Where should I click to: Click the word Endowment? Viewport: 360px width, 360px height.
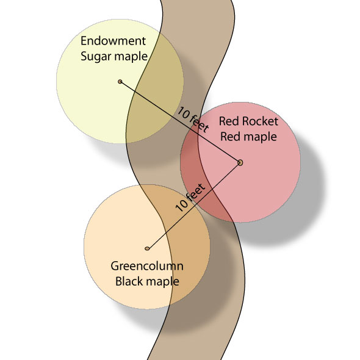coord(113,41)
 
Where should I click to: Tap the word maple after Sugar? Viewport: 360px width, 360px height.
coord(131,57)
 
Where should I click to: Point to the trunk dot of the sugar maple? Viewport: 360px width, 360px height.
coord(120,82)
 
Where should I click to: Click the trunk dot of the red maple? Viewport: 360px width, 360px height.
coord(240,163)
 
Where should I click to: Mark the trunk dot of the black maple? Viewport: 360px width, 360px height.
coord(147,248)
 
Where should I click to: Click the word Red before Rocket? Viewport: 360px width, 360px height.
coord(229,121)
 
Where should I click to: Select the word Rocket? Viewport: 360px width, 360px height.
coord(260,121)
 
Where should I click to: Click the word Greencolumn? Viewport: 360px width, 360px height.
coord(147,266)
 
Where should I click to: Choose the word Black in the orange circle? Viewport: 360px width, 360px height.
coord(129,281)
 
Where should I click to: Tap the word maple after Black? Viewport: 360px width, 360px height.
coord(162,282)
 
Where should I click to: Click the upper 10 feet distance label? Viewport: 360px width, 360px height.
coord(193,120)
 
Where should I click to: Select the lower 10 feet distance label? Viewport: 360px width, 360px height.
coord(190,198)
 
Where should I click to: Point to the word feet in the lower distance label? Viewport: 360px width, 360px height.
coord(196,192)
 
